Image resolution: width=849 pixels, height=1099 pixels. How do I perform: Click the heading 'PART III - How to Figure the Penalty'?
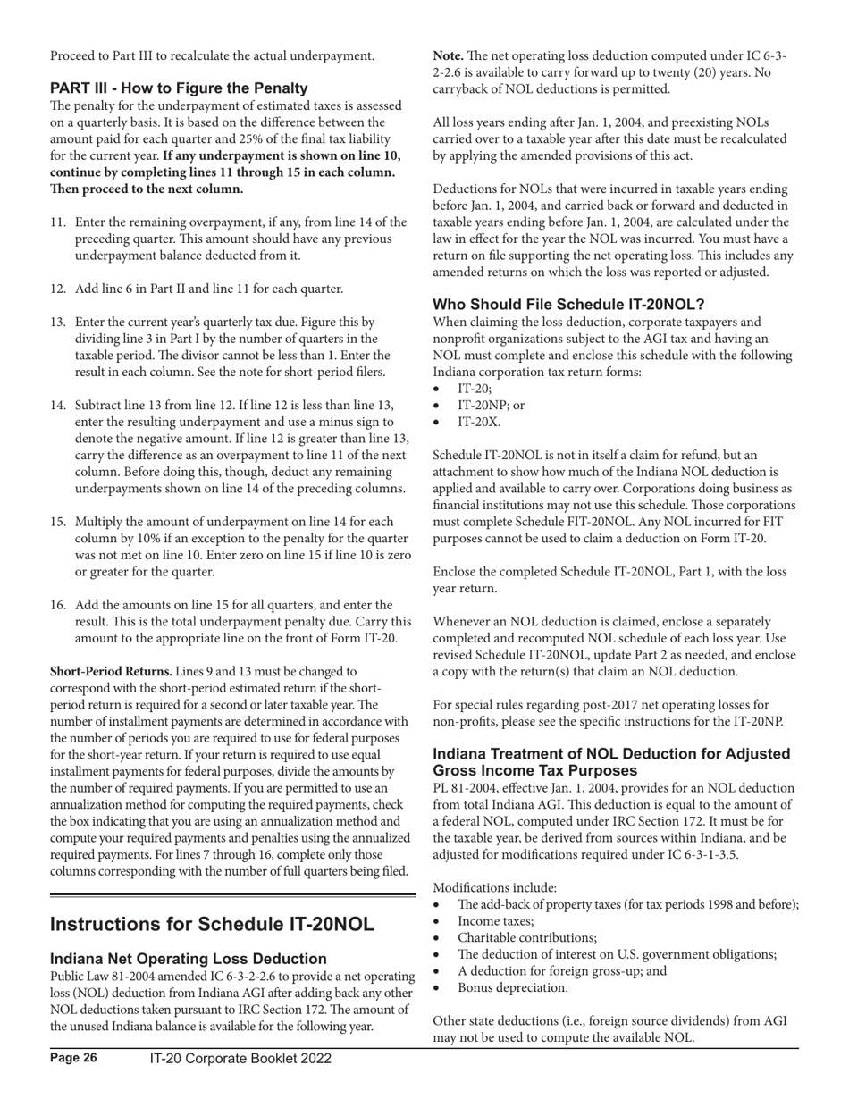coord(179,88)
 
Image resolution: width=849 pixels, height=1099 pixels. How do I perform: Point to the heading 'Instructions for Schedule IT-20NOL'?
coord(212,923)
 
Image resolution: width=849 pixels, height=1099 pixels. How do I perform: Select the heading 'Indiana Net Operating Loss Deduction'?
coord(188,959)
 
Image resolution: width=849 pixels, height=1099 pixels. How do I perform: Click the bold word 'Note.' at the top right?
coord(448,55)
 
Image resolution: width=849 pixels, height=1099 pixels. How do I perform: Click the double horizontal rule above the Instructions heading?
coord(232,893)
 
